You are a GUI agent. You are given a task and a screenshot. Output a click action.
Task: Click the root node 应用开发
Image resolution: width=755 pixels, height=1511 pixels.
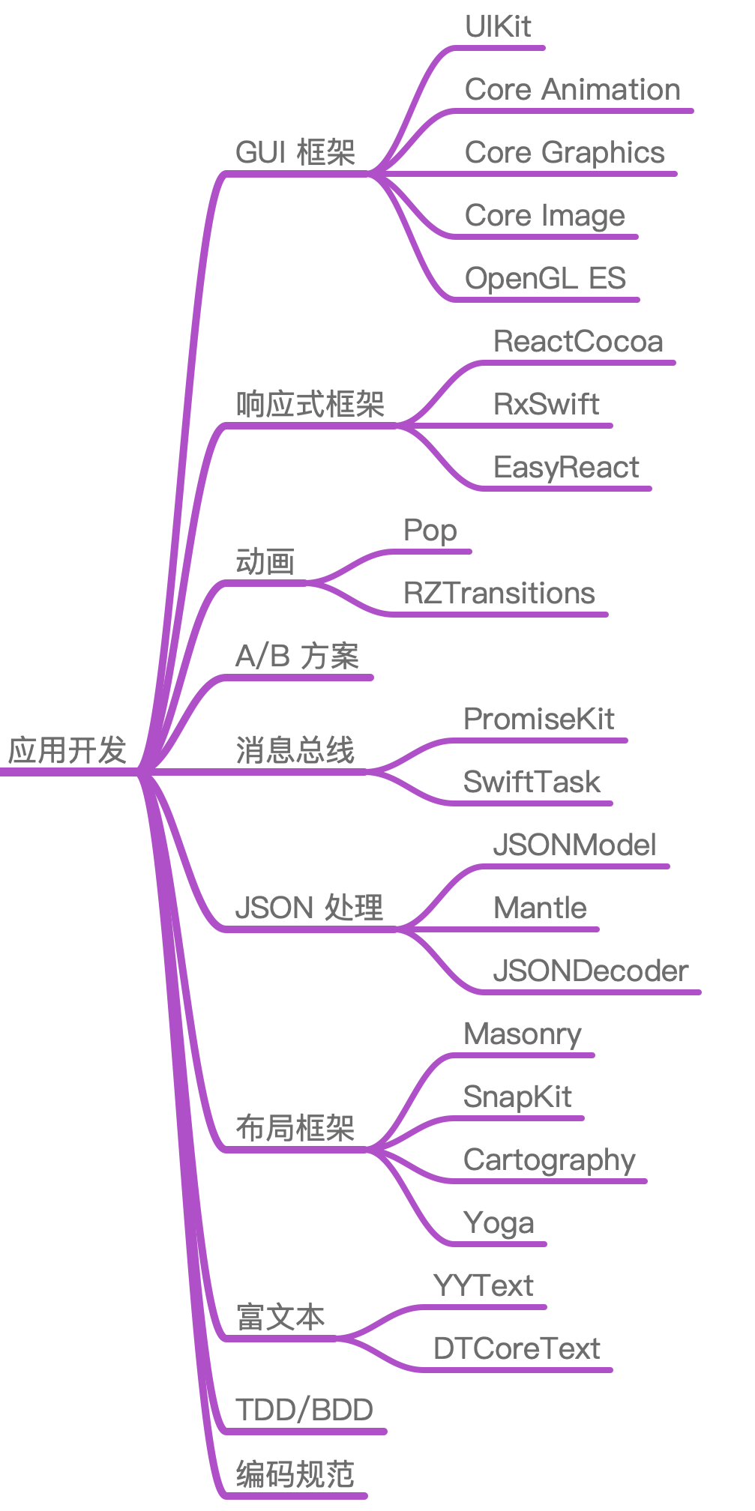tap(67, 750)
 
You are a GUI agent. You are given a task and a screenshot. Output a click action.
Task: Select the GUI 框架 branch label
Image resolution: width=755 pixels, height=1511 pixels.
tap(295, 152)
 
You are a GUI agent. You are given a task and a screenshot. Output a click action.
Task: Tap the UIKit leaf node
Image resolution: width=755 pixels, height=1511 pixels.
tap(498, 26)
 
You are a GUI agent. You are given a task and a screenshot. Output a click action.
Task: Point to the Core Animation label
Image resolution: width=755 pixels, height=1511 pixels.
tap(572, 89)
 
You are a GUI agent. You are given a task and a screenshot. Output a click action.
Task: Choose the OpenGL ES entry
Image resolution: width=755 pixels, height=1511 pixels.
tap(545, 278)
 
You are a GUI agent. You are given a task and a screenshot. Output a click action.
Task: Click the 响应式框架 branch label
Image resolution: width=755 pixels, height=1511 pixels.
tap(310, 405)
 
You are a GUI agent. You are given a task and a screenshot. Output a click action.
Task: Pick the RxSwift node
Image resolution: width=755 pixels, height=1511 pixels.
tap(546, 404)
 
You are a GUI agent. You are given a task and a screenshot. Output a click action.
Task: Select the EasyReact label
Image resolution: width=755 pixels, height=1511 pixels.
tap(566, 467)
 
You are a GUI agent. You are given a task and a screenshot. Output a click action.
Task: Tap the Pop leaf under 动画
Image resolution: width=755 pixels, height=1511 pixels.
tap(430, 530)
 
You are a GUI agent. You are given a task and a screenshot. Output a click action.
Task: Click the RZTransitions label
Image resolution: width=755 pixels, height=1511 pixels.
tap(499, 593)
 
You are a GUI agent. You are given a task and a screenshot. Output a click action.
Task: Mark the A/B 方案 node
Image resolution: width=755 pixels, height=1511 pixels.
tap(297, 656)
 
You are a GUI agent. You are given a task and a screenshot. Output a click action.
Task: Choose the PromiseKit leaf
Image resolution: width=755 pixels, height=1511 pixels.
tap(538, 719)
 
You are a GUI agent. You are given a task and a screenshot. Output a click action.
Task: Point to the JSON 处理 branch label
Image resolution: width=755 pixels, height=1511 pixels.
tap(309, 908)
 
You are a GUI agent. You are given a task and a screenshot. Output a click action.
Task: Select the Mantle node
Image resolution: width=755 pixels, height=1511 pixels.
tap(540, 908)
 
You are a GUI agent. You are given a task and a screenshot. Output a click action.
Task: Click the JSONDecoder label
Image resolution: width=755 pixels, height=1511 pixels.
tap(590, 971)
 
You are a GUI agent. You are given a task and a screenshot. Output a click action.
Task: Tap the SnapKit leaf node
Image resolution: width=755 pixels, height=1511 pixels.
tap(517, 1097)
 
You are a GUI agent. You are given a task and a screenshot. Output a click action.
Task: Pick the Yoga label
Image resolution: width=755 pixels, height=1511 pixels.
tap(499, 1222)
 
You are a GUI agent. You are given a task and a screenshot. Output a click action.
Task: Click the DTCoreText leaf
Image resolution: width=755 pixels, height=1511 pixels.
tap(517, 1348)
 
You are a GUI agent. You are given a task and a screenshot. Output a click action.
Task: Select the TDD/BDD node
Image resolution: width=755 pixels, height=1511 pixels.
tap(304, 1410)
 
